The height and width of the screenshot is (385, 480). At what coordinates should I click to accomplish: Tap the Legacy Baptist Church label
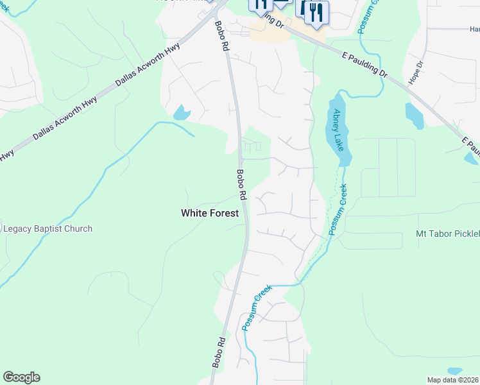(47, 228)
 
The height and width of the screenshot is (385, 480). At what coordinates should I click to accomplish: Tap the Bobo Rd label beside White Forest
(242, 184)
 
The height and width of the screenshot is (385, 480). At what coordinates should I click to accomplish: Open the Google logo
(21, 377)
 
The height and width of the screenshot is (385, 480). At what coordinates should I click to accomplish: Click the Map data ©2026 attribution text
(452, 379)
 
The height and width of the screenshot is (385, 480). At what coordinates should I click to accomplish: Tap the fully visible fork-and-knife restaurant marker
(316, 13)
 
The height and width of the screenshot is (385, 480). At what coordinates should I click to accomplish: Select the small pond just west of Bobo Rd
(181, 113)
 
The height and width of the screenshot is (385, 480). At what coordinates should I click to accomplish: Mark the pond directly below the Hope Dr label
(414, 116)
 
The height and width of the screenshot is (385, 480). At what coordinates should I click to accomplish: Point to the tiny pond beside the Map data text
(454, 371)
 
